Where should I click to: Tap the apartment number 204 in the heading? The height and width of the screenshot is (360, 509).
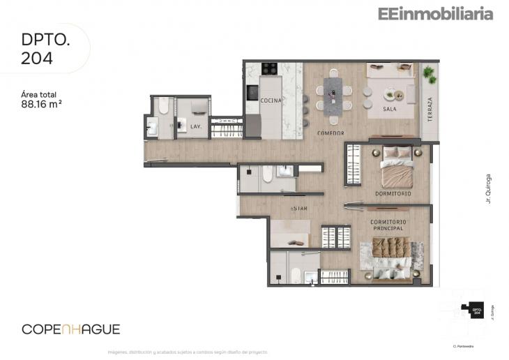click(x=37, y=59)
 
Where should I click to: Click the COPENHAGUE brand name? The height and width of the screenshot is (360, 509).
click(x=71, y=329)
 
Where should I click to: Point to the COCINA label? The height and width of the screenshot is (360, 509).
click(x=271, y=100)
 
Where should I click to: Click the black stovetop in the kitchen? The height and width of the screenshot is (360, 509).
click(x=269, y=68)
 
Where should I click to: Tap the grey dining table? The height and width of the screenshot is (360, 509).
click(x=333, y=93)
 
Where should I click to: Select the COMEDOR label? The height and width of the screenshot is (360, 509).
click(x=331, y=133)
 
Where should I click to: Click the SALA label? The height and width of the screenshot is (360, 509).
click(x=390, y=110)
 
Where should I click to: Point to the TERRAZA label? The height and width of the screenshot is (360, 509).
click(x=430, y=110)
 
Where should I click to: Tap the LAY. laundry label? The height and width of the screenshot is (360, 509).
click(x=196, y=126)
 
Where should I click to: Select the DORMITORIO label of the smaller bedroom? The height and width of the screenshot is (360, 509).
click(x=393, y=193)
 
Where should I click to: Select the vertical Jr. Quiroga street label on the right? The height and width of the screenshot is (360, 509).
click(x=489, y=188)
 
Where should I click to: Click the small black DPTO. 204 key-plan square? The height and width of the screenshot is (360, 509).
click(x=477, y=312)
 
